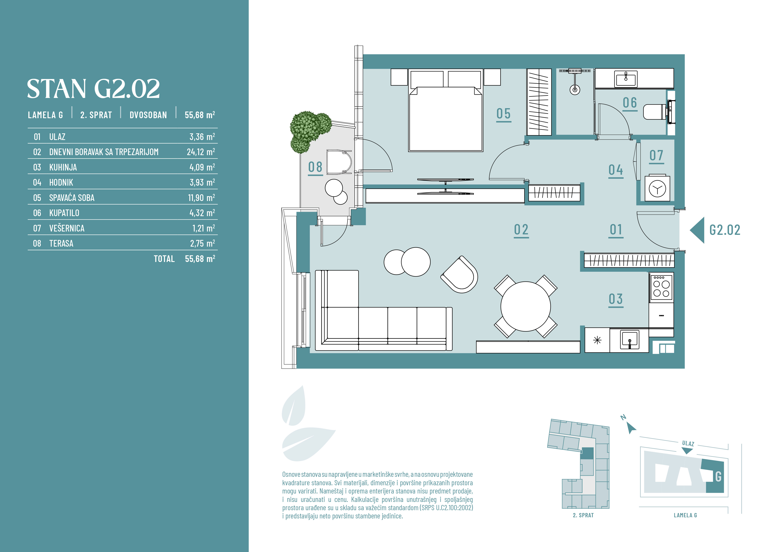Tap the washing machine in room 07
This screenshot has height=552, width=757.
(657, 188)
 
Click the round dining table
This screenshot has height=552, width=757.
(526, 306)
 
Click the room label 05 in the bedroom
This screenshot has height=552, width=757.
(503, 114)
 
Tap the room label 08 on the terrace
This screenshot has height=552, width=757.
(315, 167)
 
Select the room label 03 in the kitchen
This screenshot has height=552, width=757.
(616, 299)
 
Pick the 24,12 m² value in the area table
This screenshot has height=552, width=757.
(201, 152)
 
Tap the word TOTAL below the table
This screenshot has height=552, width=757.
(164, 259)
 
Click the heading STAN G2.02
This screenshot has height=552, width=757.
(93, 89)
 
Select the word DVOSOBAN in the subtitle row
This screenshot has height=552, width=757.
(148, 115)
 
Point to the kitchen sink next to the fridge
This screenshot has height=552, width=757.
(630, 340)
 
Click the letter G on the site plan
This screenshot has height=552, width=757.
(718, 477)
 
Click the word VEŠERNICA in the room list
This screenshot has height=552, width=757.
(67, 228)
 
